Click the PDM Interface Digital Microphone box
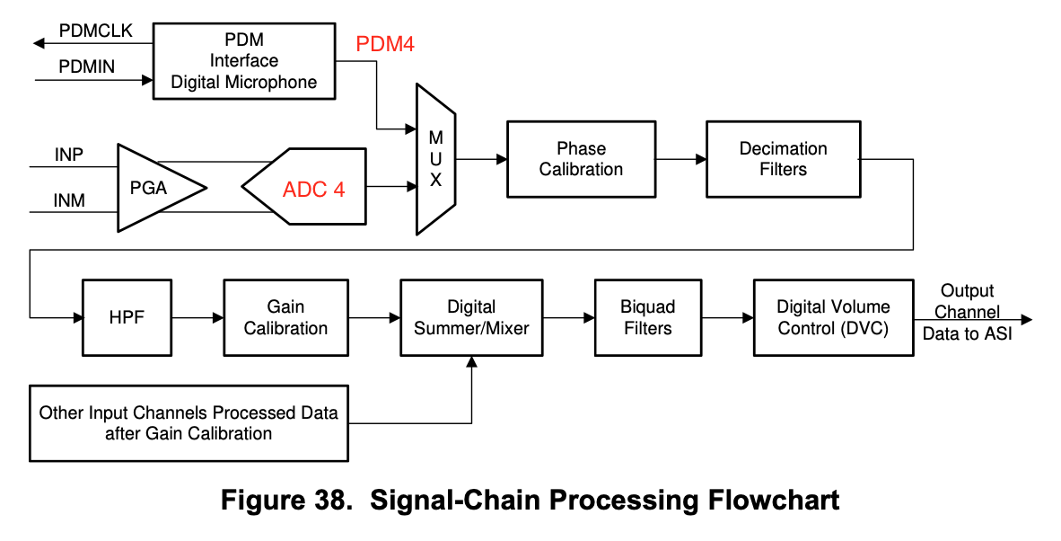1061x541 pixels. tap(244, 61)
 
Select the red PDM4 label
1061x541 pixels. tap(385, 44)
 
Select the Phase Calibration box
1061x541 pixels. tap(581, 159)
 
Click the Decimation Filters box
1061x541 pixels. tap(783, 159)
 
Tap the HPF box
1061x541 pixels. tap(126, 318)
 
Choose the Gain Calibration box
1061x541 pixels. tap(285, 318)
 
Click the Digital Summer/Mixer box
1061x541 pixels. tap(471, 318)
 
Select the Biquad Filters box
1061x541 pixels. tap(647, 318)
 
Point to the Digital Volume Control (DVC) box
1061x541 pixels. tap(833, 318)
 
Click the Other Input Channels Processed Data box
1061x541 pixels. tap(189, 423)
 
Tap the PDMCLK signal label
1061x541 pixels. tap(95, 31)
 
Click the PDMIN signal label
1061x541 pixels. tap(87, 67)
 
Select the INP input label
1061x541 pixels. tap(69, 155)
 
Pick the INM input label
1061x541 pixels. tap(69, 201)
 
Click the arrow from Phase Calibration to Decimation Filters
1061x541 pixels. tap(680, 159)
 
